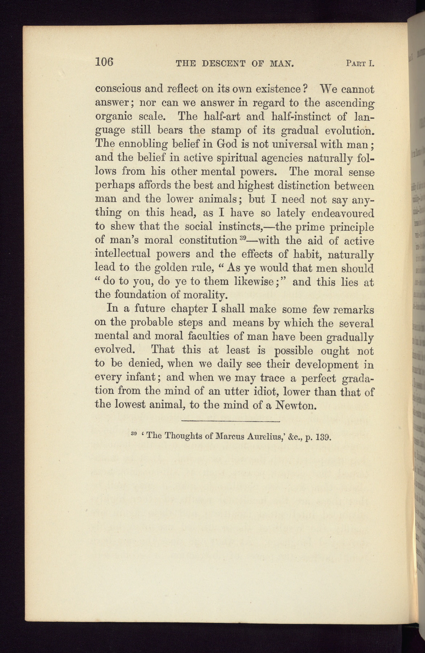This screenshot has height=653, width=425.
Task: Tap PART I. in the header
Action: (x=360, y=64)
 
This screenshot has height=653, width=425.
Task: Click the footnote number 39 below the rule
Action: (x=133, y=434)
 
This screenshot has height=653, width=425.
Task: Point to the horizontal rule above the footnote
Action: (x=230, y=421)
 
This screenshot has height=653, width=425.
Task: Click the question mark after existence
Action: (x=305, y=89)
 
